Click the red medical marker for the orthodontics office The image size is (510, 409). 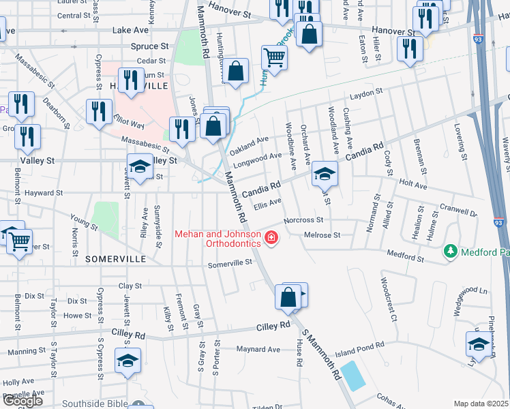tap(271, 238)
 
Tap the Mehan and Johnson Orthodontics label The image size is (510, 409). tap(218, 239)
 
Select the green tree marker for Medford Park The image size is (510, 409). tap(450, 252)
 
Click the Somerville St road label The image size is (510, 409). tap(230, 264)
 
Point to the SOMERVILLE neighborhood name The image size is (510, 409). tap(116, 260)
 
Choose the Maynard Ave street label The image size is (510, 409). tap(258, 350)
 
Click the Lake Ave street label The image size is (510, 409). tap(130, 31)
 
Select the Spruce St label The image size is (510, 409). tap(151, 46)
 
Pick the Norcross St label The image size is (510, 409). tap(303, 220)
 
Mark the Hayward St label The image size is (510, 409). tap(44, 193)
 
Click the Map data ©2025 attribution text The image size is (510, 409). tap(481, 404)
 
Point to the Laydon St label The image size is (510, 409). tap(363, 98)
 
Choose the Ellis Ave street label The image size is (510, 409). tap(267, 202)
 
